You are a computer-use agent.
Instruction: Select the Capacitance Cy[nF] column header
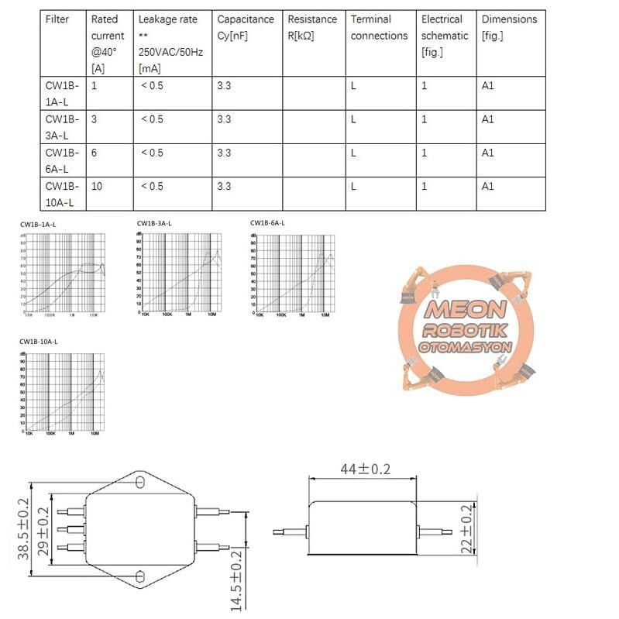tap(246, 27)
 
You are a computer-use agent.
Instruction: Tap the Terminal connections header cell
tap(379, 27)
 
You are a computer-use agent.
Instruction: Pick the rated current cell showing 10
tap(97, 186)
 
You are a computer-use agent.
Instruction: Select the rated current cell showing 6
tap(95, 153)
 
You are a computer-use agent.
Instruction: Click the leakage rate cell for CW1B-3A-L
tap(152, 119)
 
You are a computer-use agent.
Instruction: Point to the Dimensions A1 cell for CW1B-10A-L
tap(487, 186)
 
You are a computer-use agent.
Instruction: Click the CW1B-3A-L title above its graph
tap(154, 224)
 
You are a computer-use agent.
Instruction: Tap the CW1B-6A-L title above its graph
tap(267, 223)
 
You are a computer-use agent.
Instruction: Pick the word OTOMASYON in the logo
tap(464, 347)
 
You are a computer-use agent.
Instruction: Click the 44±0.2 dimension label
tap(365, 469)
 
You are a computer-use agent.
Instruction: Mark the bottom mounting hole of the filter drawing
tap(140, 576)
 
